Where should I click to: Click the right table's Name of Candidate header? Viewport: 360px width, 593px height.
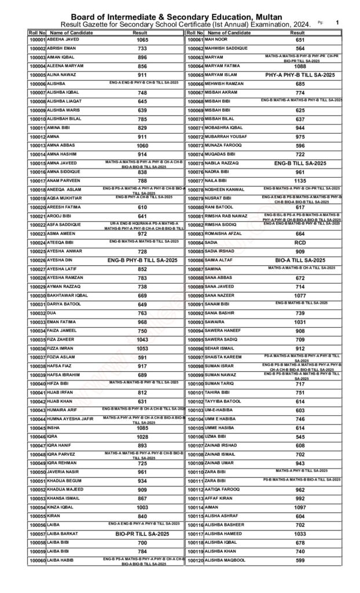coord(227,33)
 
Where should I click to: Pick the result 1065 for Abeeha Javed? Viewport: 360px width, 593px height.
coord(143,40)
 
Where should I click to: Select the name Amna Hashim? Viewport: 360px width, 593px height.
coord(63,154)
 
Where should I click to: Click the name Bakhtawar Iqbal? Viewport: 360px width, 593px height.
coord(68,295)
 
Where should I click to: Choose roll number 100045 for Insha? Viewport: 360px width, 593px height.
coord(37,427)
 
